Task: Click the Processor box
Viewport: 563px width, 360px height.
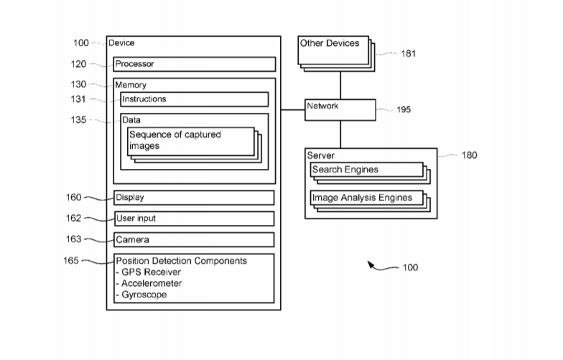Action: [x=194, y=64]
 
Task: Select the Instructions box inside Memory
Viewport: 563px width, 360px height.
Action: [x=194, y=99]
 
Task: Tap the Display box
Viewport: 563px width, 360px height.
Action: [x=194, y=198]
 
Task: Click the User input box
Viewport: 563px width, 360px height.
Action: [x=194, y=218]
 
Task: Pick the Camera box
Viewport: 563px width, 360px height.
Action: [x=194, y=240]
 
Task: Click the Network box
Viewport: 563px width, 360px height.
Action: [x=340, y=110]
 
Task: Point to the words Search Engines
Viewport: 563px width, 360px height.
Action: [x=345, y=170]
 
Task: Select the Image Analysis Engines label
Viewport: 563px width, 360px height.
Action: [x=362, y=198]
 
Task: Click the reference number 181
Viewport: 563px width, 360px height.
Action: [x=408, y=53]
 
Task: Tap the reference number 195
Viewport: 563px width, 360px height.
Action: [x=404, y=109]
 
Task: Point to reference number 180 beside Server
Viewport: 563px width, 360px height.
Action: [x=470, y=155]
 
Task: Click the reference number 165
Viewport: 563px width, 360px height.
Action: [x=70, y=260]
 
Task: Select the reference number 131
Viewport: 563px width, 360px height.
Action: [x=78, y=99]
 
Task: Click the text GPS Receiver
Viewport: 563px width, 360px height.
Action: [x=151, y=272]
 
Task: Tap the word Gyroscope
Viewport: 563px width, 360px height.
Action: [x=144, y=295]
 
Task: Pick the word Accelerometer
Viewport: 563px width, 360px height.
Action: [x=152, y=283]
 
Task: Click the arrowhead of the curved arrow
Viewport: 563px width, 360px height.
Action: [x=371, y=264]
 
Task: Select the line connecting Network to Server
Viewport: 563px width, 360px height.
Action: [x=340, y=134]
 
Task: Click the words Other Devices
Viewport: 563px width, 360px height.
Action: [x=330, y=43]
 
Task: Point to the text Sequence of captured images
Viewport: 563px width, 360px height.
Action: [x=175, y=140]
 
